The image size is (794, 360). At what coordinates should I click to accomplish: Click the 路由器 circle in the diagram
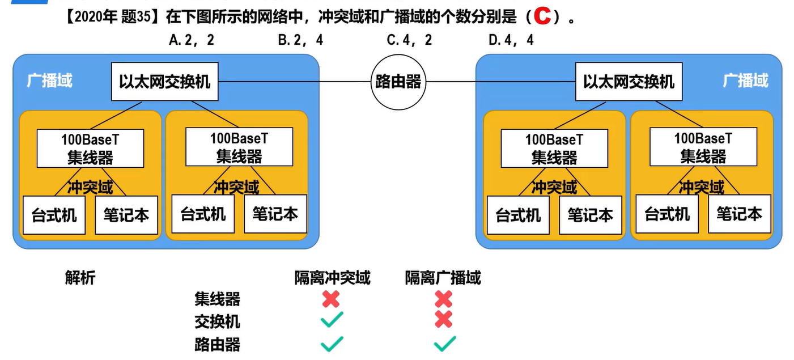[x=398, y=82]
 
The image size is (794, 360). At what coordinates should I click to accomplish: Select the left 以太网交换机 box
[x=164, y=82]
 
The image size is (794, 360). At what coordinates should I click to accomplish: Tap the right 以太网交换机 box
[x=629, y=82]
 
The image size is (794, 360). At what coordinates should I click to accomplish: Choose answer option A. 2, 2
[x=192, y=40]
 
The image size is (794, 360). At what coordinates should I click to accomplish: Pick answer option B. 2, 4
[x=300, y=40]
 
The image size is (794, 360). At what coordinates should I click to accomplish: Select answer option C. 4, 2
[x=409, y=40]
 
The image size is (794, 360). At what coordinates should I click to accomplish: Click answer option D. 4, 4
[x=511, y=40]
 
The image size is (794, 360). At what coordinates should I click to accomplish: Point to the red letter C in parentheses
[x=542, y=16]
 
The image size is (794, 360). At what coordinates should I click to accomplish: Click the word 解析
[x=80, y=278]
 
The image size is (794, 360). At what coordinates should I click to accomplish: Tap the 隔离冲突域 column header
[x=332, y=278]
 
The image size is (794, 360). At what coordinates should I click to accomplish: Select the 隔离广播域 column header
[x=443, y=278]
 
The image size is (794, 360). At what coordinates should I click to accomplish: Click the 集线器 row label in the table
[x=217, y=299]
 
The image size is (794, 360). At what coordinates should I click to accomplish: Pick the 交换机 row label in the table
[x=217, y=321]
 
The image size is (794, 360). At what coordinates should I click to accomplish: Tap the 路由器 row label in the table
[x=217, y=344]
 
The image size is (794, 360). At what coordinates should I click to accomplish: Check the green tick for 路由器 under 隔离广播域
[x=444, y=344]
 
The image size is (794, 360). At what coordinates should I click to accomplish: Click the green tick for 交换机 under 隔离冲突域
[x=332, y=320]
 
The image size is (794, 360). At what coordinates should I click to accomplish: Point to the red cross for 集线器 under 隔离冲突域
[x=331, y=299]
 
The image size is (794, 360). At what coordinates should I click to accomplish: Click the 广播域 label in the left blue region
[x=49, y=81]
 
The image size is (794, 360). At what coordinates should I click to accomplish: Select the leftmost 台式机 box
[x=54, y=215]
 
